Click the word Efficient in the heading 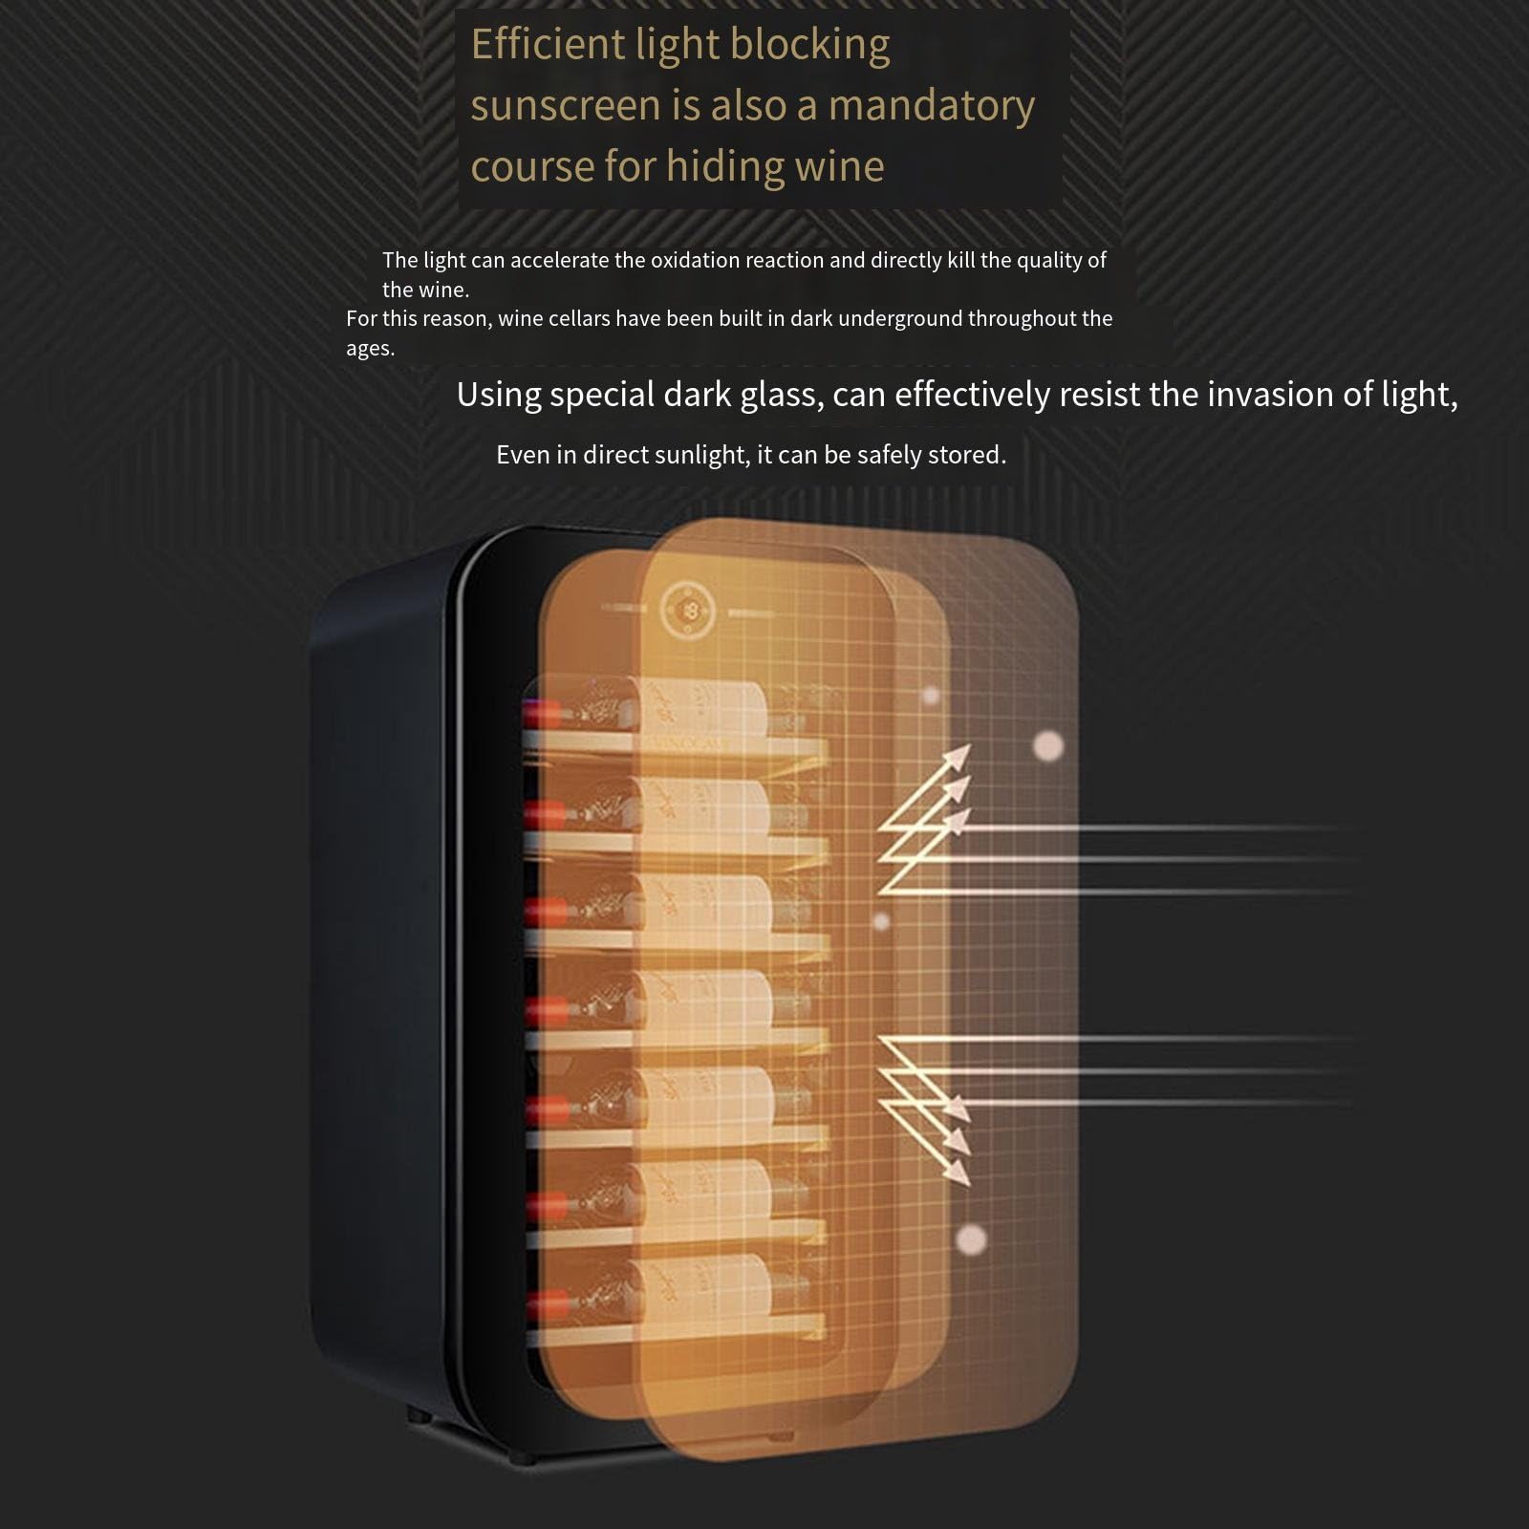click(549, 44)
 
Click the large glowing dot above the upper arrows click(1049, 745)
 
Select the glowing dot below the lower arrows click(971, 1239)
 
